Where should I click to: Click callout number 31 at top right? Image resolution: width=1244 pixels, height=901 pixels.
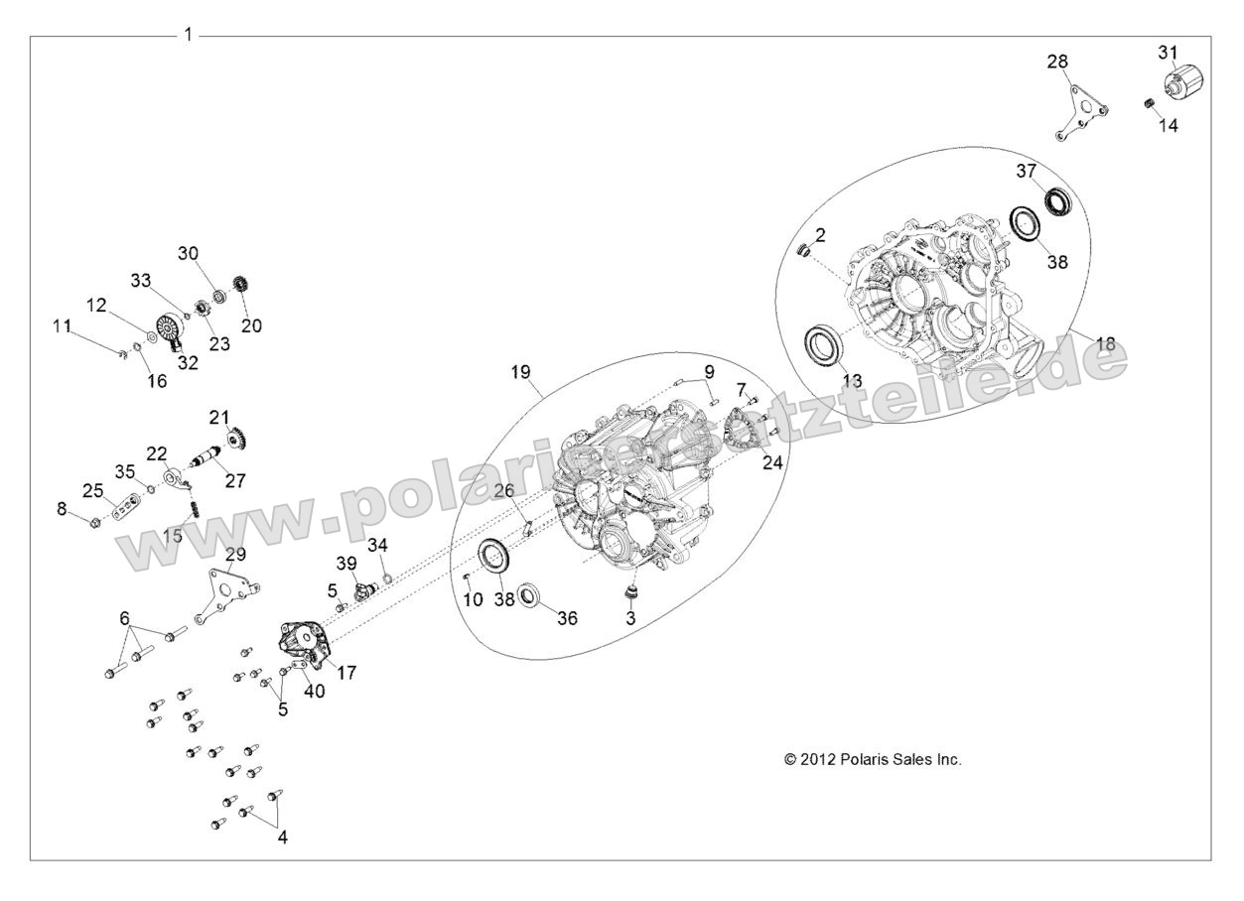[x=1168, y=52]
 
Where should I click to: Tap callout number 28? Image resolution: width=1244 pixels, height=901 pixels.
[x=1058, y=62]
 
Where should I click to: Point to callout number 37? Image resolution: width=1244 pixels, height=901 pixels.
[x=1026, y=171]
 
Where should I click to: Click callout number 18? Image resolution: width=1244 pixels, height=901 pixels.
[x=1105, y=343]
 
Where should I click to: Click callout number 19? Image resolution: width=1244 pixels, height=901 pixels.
[x=521, y=372]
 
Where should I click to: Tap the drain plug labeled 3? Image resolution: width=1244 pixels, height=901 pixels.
[x=627, y=592]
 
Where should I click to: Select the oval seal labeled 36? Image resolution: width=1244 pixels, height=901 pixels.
[x=533, y=597]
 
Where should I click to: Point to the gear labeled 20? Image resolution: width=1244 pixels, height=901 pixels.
[x=238, y=284]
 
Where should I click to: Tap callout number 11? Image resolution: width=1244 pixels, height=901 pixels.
[x=63, y=324]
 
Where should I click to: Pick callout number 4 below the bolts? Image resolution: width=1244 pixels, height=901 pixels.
[x=282, y=837]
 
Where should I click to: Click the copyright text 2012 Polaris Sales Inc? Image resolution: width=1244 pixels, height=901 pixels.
[x=873, y=759]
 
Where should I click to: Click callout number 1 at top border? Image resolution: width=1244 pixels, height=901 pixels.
[x=188, y=35]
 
